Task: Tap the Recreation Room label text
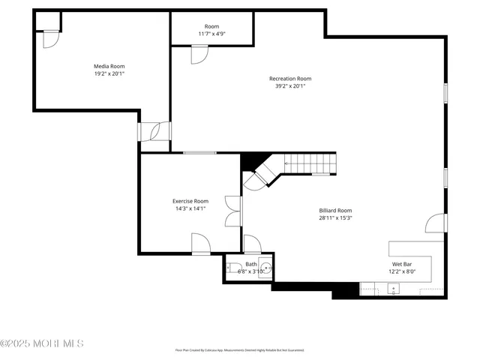(x=290, y=78)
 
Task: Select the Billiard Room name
(x=335, y=211)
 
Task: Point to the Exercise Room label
(x=190, y=201)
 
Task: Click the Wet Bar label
(x=402, y=264)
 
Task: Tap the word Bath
(x=250, y=264)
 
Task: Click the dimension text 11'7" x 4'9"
(x=211, y=34)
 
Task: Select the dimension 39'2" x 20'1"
(x=290, y=86)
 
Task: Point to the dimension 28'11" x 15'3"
(x=335, y=218)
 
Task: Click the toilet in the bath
(x=233, y=267)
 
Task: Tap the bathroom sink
(x=265, y=267)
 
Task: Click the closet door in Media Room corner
(x=49, y=38)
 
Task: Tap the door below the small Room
(x=199, y=54)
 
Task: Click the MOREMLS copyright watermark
(x=42, y=343)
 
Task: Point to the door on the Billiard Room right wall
(x=434, y=223)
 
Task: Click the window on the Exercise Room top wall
(x=199, y=153)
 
